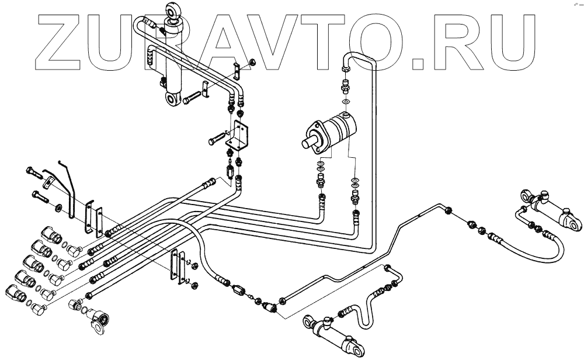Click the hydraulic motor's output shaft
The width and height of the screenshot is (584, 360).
[308, 141]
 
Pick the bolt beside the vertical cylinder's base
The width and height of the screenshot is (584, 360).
[191, 100]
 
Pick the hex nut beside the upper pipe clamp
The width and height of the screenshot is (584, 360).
[252, 63]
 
